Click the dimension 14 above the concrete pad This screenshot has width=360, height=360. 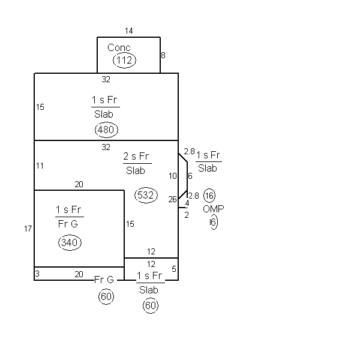[129, 31]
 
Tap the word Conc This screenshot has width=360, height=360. [119, 48]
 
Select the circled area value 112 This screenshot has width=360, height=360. [124, 61]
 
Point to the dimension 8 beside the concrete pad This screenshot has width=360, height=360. [163, 55]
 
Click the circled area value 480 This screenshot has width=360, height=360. [106, 130]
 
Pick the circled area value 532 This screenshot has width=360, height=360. [146, 195]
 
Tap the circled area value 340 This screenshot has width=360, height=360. [70, 242]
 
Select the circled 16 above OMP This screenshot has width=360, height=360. [209, 196]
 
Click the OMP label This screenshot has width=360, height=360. [214, 209]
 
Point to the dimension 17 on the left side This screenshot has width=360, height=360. [28, 229]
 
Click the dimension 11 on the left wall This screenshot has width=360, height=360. [40, 166]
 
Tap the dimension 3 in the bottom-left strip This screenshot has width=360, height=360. [37, 274]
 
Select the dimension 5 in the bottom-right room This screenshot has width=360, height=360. [174, 269]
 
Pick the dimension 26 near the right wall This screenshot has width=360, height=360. [172, 199]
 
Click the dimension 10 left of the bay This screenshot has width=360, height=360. [173, 176]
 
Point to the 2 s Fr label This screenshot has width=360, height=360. [136, 157]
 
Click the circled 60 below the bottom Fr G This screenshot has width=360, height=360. [106, 296]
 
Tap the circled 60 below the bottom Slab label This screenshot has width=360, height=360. [151, 305]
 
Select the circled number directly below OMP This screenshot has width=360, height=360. [214, 222]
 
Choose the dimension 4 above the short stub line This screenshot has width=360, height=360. [187, 203]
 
